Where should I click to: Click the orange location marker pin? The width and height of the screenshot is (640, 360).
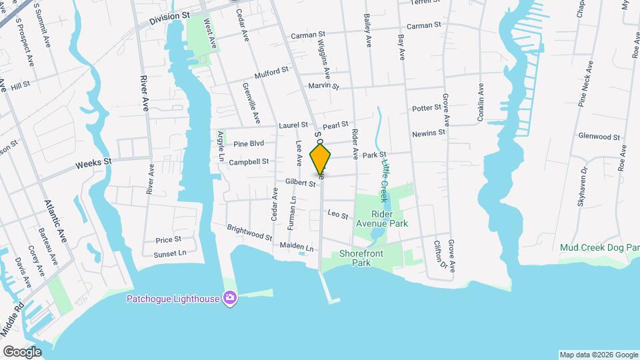click(x=321, y=159)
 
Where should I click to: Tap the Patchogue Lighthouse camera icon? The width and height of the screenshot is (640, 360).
click(x=230, y=298)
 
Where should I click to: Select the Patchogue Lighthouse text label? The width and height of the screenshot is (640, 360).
click(x=173, y=299)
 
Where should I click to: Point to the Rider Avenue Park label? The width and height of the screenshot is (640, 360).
click(x=381, y=219)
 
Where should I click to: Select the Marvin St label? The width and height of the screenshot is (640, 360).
click(x=323, y=86)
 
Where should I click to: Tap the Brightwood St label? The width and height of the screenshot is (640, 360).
click(x=249, y=233)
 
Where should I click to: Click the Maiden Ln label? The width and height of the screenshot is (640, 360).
click(x=297, y=247)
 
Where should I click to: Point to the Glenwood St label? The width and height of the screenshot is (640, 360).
click(x=599, y=137)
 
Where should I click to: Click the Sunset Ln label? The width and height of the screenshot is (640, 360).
click(x=169, y=253)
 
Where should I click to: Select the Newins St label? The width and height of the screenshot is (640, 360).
click(x=428, y=133)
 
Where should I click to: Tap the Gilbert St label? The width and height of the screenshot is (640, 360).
click(x=299, y=182)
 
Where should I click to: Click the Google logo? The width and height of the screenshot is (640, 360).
click(x=22, y=351)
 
